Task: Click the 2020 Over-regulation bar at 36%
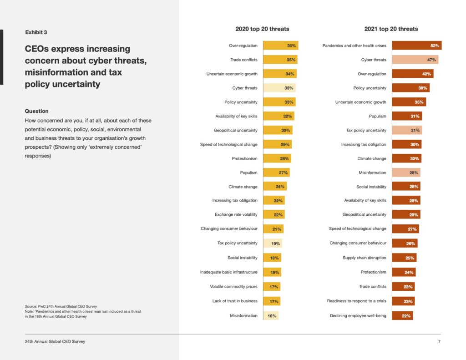click(x=280, y=46)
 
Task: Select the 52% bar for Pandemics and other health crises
click(x=417, y=46)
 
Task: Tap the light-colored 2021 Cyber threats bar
click(x=415, y=60)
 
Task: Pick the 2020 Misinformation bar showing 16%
click(x=271, y=316)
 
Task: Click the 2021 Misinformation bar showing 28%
click(x=406, y=172)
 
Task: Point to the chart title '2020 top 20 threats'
click(x=262, y=29)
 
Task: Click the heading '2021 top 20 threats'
click(x=391, y=29)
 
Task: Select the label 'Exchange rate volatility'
click(x=236, y=214)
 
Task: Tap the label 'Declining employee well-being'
click(x=358, y=316)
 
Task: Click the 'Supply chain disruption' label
click(x=365, y=258)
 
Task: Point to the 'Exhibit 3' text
click(x=36, y=32)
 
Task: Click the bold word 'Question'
click(x=36, y=111)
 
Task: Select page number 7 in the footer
click(x=439, y=342)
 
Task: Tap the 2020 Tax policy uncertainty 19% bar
click(x=273, y=243)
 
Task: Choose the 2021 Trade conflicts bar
click(x=403, y=287)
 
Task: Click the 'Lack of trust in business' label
click(x=235, y=301)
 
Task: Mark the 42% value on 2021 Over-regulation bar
click(x=426, y=74)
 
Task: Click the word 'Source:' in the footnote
click(x=30, y=306)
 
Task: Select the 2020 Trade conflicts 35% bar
click(x=280, y=60)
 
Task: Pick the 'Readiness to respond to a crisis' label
click(x=357, y=301)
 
